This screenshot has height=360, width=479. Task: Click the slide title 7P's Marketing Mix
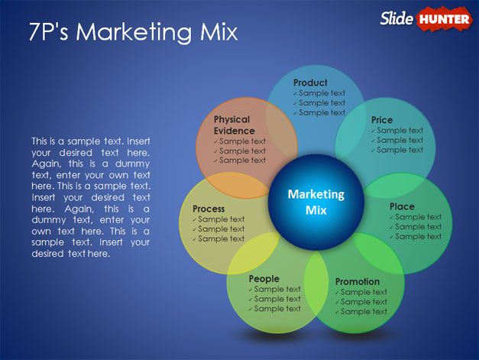[133, 32]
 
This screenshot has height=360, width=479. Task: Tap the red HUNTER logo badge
[444, 18]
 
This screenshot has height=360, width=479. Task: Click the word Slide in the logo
[397, 18]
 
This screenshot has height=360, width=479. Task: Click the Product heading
[310, 83]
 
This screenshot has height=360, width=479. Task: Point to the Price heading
[382, 120]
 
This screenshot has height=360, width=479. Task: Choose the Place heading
[402, 206]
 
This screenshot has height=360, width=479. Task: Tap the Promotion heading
[357, 281]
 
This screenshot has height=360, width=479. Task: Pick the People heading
[264, 279]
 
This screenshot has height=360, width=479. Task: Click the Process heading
[209, 209]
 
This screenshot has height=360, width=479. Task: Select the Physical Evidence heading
[234, 125]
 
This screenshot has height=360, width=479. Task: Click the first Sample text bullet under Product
[322, 93]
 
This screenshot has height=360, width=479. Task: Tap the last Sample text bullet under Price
[400, 150]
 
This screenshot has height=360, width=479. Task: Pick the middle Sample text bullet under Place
[418, 227]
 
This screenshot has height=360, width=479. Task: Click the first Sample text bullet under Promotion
[364, 292]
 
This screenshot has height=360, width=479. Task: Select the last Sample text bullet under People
[277, 309]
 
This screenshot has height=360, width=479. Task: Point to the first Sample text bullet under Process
[221, 219]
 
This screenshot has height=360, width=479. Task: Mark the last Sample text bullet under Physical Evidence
[242, 161]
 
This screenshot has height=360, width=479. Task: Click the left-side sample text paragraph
[90, 197]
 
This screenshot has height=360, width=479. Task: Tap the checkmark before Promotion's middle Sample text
[337, 302]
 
